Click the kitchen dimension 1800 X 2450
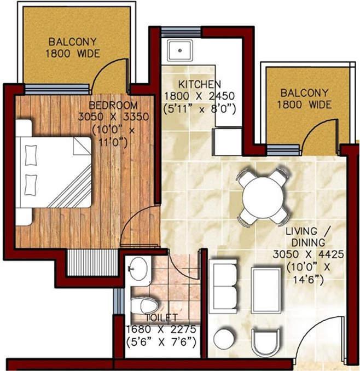(x=200, y=97)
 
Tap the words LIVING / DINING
(x=305, y=236)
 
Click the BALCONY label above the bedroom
(x=73, y=42)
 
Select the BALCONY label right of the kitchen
(x=304, y=93)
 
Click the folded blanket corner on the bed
(x=82, y=146)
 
